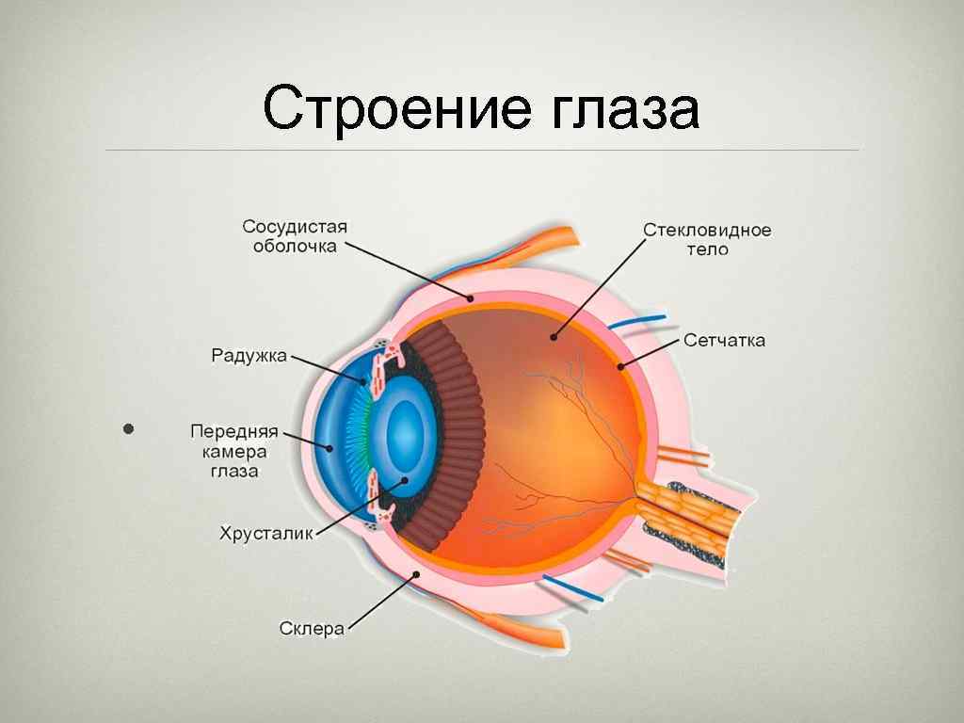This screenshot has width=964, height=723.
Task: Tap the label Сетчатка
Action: [x=724, y=341]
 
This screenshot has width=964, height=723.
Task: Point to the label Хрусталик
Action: [x=266, y=534]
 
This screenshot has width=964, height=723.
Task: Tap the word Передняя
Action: [x=234, y=431]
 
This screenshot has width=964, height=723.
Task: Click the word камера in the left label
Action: [x=234, y=451]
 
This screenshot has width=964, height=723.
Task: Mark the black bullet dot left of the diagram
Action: [x=130, y=429]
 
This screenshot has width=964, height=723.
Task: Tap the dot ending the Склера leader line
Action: [x=415, y=574]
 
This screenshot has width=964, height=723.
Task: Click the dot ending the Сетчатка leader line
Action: [x=621, y=365]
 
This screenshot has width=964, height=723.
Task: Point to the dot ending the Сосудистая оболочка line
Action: [x=472, y=297]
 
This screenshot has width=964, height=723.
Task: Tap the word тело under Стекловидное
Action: [x=707, y=251]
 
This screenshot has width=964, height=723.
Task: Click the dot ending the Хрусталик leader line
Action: [x=405, y=480]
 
